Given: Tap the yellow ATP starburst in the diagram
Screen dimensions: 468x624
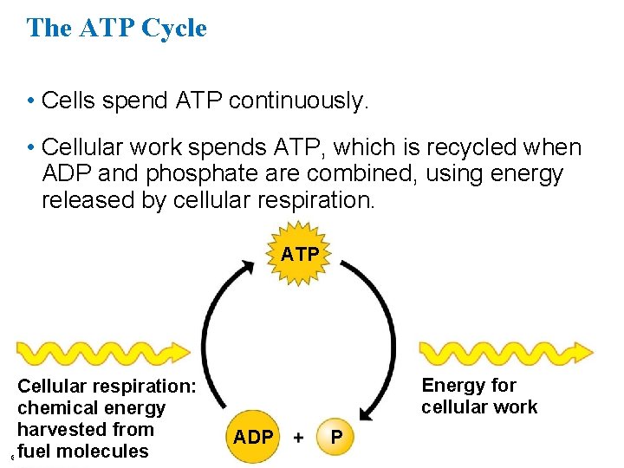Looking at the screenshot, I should pos(299,255).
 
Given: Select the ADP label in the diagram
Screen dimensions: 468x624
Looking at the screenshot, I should pos(253,438).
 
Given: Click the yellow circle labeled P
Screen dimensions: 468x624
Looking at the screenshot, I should pos(337,438).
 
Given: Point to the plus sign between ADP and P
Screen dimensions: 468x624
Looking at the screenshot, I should pos(298,438).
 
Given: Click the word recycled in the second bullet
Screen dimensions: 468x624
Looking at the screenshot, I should pos(466,148).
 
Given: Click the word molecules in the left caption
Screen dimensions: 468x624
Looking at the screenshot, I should pos(106,452).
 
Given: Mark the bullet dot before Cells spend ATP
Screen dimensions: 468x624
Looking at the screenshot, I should pos(30,102).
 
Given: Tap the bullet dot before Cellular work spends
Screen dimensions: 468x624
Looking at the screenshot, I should pos(30,149).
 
